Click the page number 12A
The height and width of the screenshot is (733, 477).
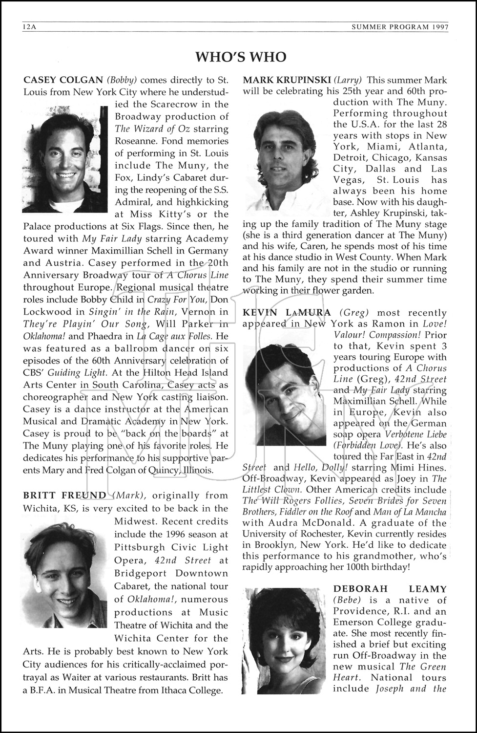tap(29, 27)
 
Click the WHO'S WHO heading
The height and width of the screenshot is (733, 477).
tap(241, 57)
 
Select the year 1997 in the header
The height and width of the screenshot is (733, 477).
tap(439, 27)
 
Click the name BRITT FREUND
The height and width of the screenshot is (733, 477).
tap(64, 496)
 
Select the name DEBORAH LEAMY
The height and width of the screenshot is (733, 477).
tap(390, 589)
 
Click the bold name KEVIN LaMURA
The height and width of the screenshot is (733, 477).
tap(287, 313)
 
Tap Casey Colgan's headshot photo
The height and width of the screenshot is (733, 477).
tap(64, 157)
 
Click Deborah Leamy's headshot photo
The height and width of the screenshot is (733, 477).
tap(285, 640)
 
